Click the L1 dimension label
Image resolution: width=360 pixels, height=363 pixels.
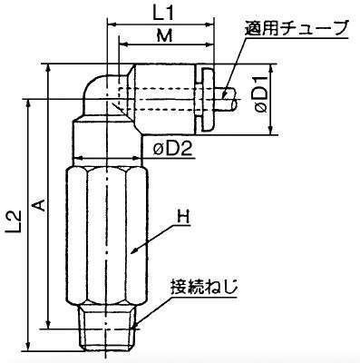coord(163,15)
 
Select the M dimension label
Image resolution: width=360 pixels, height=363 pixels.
coord(165,37)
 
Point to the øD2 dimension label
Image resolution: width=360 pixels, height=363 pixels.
coord(172,149)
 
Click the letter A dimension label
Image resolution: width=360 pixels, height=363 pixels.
coord(40,204)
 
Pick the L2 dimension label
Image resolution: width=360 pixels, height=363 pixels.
coord(15,223)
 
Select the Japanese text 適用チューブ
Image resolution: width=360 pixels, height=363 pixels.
coord(297,28)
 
